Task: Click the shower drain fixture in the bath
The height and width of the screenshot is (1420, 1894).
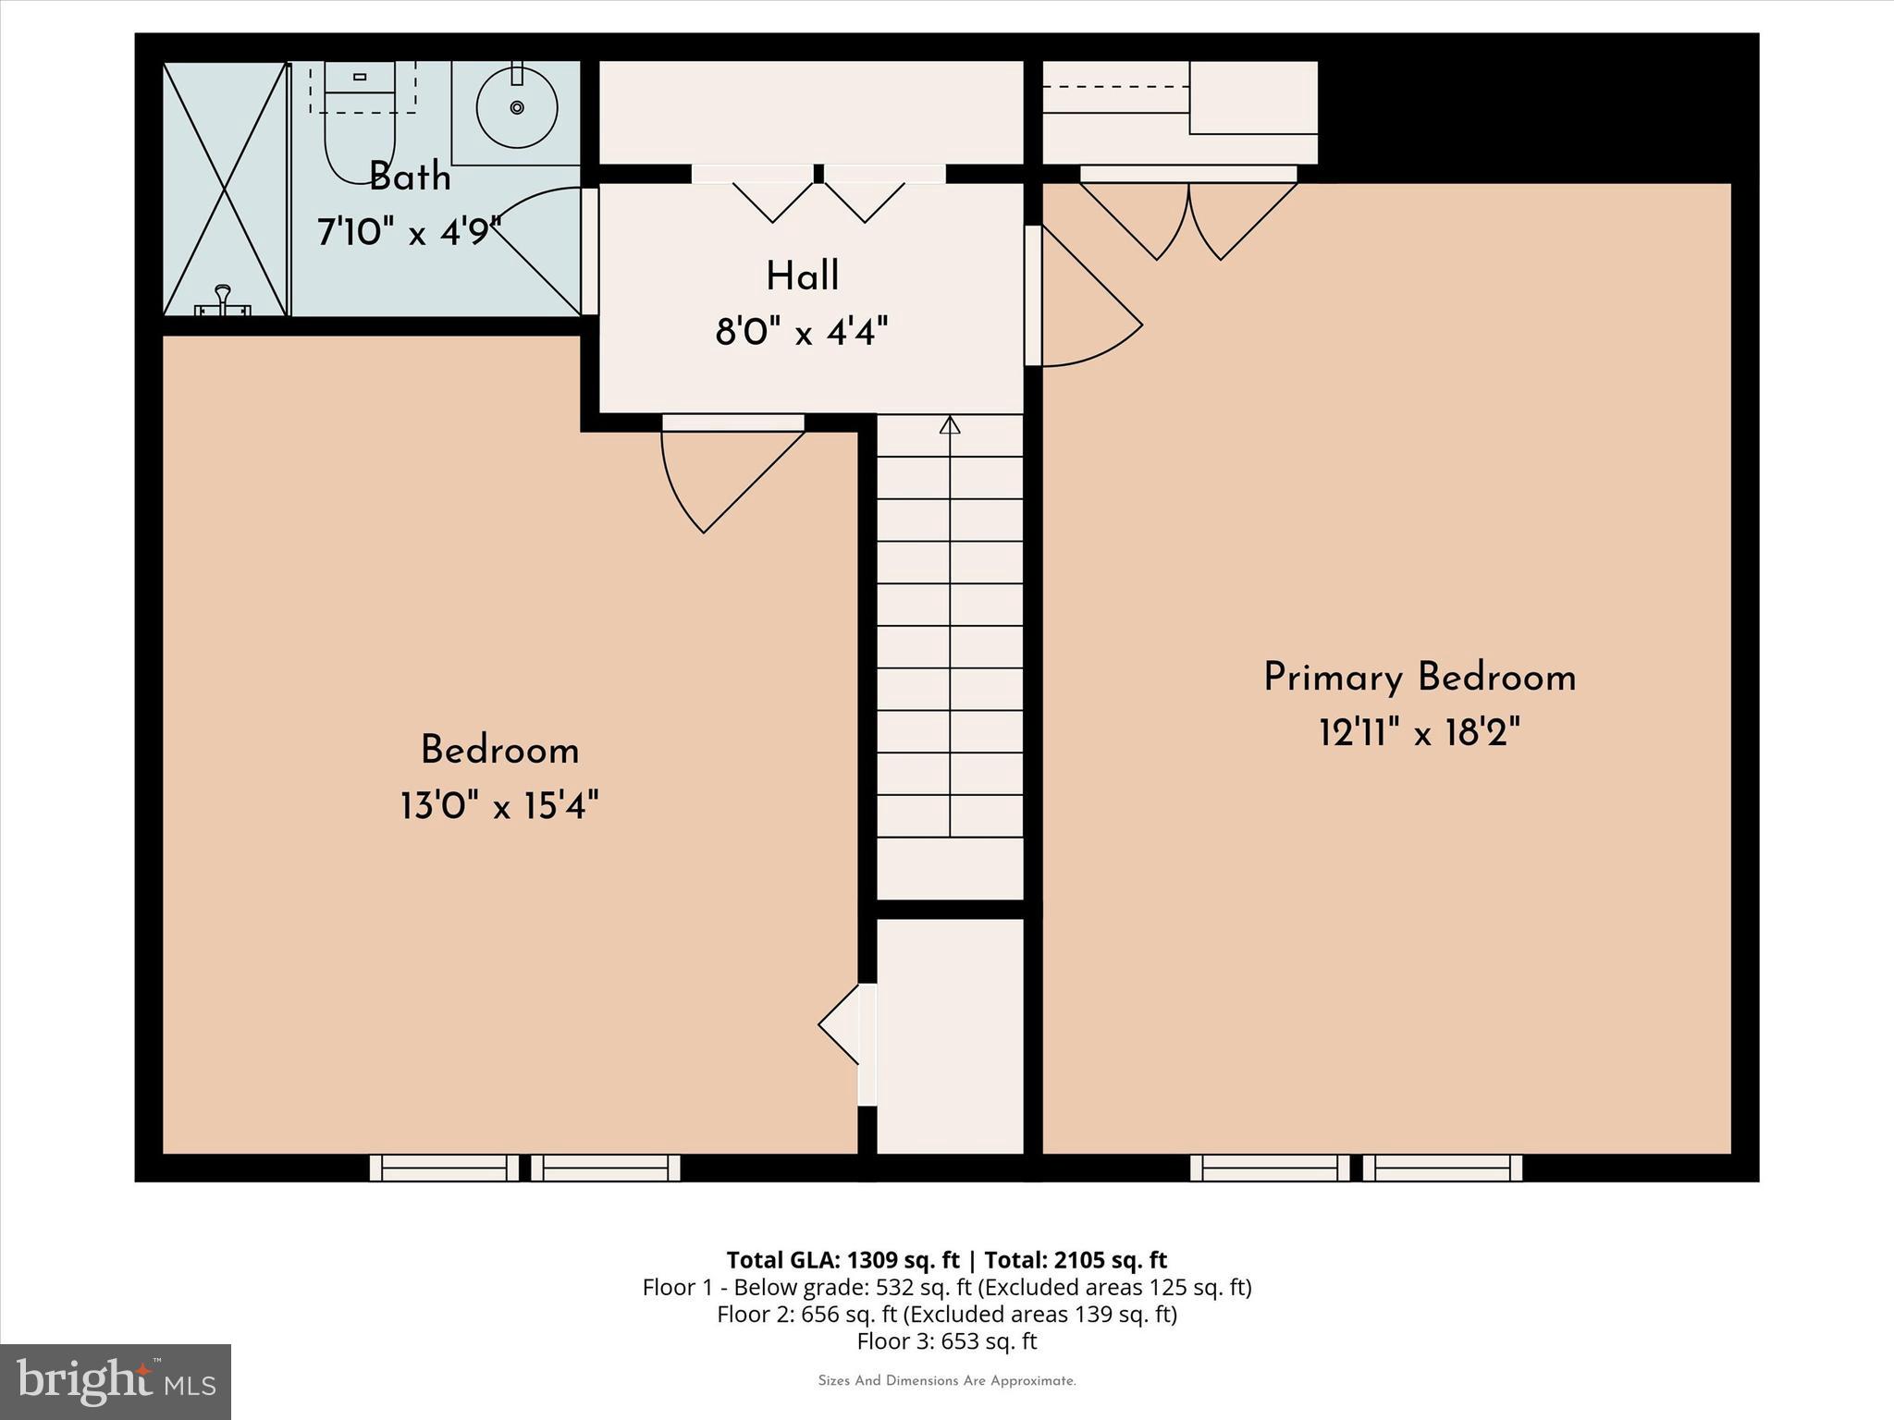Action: (222, 302)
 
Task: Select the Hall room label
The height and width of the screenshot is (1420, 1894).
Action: (802, 276)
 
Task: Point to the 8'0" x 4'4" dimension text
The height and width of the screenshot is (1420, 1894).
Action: (802, 331)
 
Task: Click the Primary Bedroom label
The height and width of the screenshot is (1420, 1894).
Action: (1419, 678)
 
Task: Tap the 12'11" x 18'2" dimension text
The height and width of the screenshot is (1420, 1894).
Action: (1419, 734)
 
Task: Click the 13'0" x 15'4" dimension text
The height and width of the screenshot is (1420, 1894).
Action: (499, 805)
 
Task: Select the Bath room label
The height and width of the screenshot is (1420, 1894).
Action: (410, 177)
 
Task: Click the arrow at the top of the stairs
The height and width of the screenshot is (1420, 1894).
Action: (950, 425)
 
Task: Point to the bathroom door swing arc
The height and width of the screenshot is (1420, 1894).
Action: (541, 250)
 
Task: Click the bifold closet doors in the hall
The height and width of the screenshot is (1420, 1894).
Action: (818, 199)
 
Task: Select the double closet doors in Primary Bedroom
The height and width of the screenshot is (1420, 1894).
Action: (1188, 217)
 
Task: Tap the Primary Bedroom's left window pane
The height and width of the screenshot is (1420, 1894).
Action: (1269, 1168)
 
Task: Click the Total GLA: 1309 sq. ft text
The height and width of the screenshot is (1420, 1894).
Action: (842, 1260)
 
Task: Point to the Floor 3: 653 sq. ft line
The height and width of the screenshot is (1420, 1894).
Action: (946, 1341)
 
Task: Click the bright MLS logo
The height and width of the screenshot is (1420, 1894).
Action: (116, 1382)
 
